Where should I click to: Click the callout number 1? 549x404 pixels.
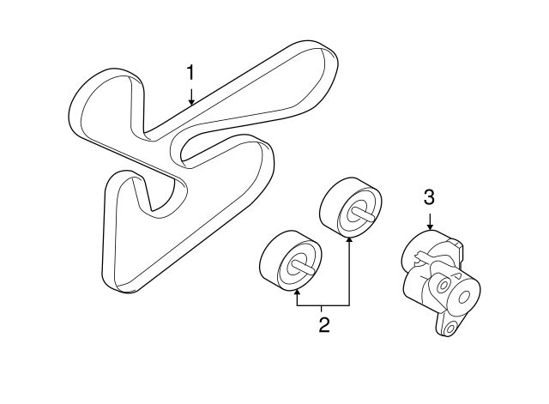pyautogui.click(x=190, y=73)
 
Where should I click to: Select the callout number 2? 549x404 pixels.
pyautogui.click(x=324, y=325)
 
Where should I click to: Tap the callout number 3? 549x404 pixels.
pyautogui.click(x=429, y=197)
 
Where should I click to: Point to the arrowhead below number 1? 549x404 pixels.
pyautogui.click(x=191, y=101)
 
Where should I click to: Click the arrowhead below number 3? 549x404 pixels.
pyautogui.click(x=430, y=226)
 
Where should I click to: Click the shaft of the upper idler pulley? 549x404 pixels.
pyautogui.click(x=364, y=213)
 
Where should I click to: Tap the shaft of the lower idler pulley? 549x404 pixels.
pyautogui.click(x=304, y=266)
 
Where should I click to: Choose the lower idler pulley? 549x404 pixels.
pyautogui.click(x=291, y=261)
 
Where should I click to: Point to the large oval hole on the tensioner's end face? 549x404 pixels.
pyautogui.click(x=465, y=298)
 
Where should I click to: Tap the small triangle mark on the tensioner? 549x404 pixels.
pyautogui.click(x=456, y=275)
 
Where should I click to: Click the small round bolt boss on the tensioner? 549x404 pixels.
pyautogui.click(x=443, y=285)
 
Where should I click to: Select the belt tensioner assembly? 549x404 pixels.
pyautogui.click(x=440, y=283)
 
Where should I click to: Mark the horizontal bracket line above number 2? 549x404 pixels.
pyautogui.click(x=323, y=305)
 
